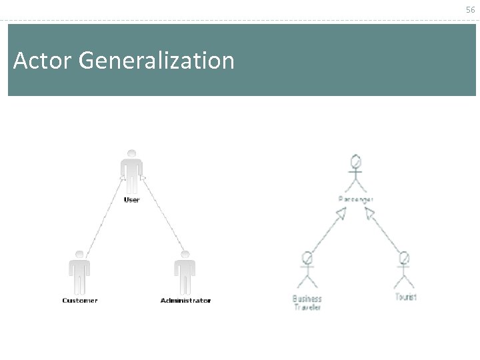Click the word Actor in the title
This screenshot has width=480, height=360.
(42, 61)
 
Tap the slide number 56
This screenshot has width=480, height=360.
(471, 9)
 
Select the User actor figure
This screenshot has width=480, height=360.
(132, 172)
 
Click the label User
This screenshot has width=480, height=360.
(132, 200)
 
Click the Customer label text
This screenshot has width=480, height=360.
(80, 301)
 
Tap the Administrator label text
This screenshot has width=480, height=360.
(185, 301)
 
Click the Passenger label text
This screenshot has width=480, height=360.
(356, 199)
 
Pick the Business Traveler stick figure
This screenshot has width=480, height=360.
(307, 269)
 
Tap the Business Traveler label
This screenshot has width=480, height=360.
(307, 303)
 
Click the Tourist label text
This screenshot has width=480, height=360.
(405, 297)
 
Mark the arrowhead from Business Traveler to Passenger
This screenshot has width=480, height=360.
(341, 214)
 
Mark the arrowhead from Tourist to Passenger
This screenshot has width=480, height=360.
(369, 213)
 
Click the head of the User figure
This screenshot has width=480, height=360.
(132, 153)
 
